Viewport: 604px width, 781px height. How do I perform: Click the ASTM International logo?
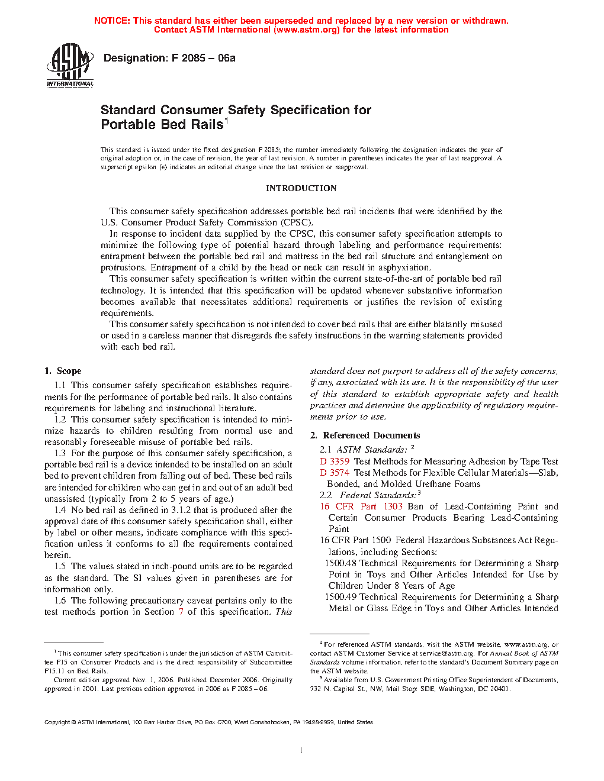point(70,66)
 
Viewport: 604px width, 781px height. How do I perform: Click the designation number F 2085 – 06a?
point(203,58)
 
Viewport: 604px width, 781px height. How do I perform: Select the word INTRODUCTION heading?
point(301,188)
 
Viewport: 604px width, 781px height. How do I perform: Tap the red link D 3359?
point(335,461)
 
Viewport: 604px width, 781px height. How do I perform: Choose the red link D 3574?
point(335,473)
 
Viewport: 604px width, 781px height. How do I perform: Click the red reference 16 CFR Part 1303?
point(361,506)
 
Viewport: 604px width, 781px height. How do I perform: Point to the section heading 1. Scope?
point(63,371)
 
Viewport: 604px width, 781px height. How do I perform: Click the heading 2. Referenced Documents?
point(365,435)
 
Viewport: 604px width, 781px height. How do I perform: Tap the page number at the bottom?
point(301,750)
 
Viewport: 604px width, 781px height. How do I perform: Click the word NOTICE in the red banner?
point(111,21)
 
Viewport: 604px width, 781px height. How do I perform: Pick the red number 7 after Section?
point(181,612)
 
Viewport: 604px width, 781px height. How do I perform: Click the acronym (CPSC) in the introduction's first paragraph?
point(296,222)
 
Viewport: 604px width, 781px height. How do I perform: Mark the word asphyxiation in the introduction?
point(404,267)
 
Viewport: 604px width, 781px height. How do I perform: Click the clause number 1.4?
point(60,510)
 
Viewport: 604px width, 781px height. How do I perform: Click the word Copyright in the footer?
point(57,722)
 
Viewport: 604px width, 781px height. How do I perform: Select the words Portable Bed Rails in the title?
point(162,125)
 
